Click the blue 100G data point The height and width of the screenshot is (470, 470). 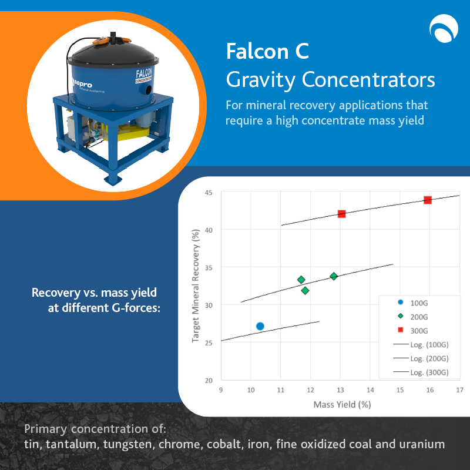click(260, 326)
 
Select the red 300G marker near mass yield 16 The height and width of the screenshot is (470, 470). click(428, 200)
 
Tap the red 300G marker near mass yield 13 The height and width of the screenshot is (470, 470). click(341, 214)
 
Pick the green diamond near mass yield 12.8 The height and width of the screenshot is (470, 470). click(334, 276)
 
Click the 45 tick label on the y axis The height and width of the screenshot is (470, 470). click(208, 192)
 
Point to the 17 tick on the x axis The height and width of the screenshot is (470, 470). click(459, 390)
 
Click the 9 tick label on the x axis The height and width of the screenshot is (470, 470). click(220, 390)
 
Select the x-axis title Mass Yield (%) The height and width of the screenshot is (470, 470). click(342, 404)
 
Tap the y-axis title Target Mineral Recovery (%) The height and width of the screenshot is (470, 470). click(196, 286)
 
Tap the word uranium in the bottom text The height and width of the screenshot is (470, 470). click(423, 445)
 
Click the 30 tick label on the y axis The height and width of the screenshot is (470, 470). click(208, 305)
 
